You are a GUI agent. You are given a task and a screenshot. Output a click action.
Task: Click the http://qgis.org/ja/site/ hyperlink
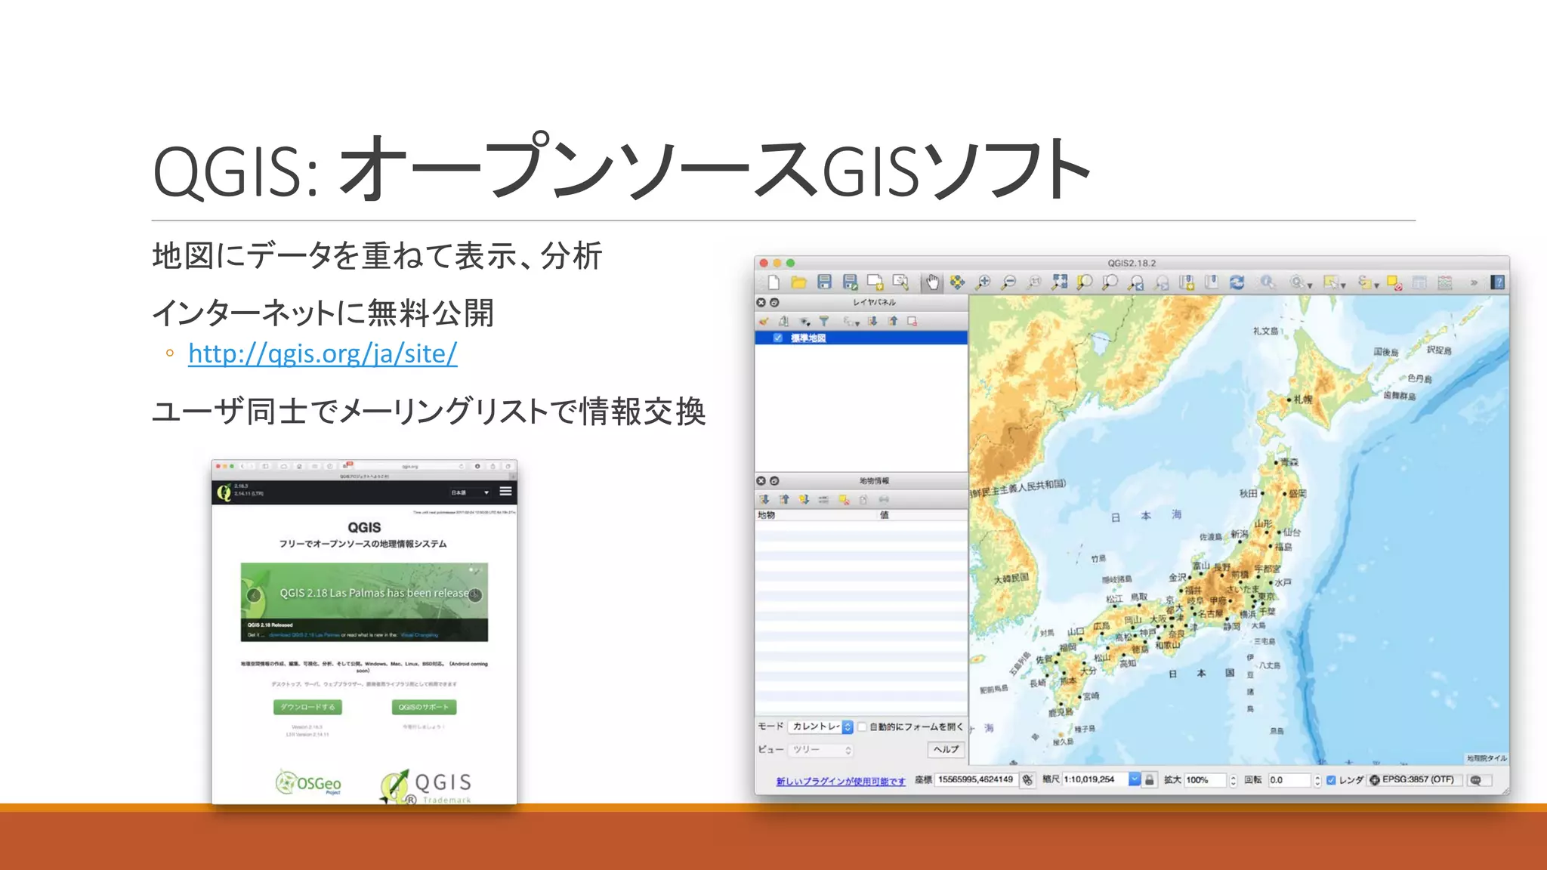(x=323, y=353)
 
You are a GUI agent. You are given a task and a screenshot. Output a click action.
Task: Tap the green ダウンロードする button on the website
(x=307, y=707)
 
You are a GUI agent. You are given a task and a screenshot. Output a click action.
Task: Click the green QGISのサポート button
(x=424, y=707)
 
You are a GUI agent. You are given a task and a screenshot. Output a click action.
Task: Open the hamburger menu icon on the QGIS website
(x=505, y=492)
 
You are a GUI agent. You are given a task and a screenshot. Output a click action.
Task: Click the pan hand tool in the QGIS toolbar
(x=932, y=282)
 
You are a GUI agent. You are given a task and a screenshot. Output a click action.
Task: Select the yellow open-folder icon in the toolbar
(x=798, y=282)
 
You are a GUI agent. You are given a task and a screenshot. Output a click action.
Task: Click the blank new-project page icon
(x=773, y=282)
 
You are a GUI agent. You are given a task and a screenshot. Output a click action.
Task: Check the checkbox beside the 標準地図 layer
(x=778, y=338)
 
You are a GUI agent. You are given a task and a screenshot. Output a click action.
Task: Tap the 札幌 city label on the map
(x=1302, y=399)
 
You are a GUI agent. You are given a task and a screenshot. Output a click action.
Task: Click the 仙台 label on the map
(x=1292, y=532)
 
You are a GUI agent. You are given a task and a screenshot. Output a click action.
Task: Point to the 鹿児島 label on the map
(x=1060, y=712)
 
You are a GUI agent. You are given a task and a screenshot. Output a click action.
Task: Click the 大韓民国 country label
(x=1011, y=578)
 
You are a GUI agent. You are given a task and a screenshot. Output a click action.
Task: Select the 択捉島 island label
(x=1438, y=350)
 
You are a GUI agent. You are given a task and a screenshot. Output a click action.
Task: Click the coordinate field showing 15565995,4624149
(x=975, y=779)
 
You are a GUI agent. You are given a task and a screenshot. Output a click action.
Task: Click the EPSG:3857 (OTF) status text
(x=1417, y=779)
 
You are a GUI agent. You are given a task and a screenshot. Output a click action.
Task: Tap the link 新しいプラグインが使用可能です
(x=840, y=781)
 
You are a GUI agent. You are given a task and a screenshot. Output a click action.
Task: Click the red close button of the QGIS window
(x=764, y=263)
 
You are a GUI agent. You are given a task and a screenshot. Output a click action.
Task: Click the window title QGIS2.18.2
(x=1132, y=263)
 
